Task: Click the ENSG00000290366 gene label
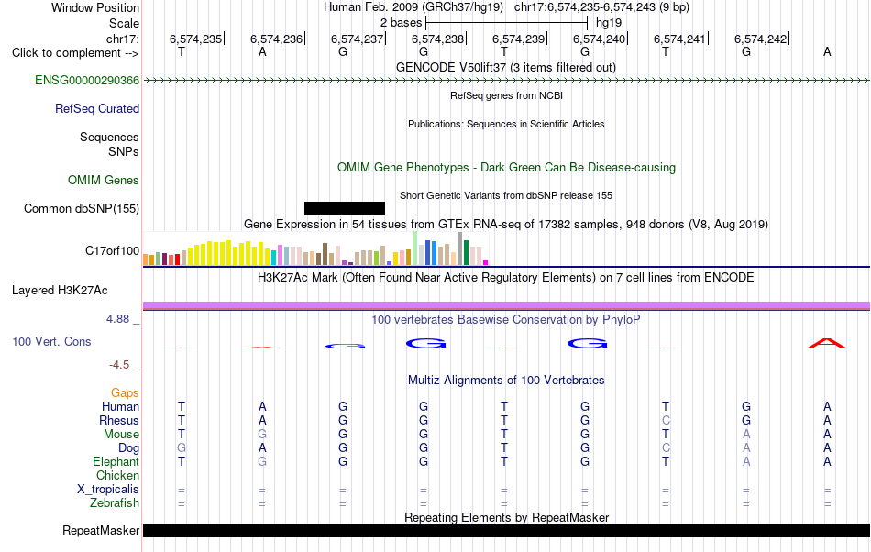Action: (87, 81)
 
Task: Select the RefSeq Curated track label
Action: (97, 109)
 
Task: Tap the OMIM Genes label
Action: (104, 181)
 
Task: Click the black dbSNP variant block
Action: (345, 209)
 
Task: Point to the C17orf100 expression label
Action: (112, 251)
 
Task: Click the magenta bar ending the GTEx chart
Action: (486, 262)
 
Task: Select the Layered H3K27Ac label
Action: (60, 291)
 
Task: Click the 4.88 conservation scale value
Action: (117, 319)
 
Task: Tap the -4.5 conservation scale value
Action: (119, 365)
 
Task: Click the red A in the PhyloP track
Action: (828, 343)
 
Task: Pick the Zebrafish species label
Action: (115, 503)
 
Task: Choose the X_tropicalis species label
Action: (108, 490)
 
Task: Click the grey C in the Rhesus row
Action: (666, 420)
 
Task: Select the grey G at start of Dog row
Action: (182, 448)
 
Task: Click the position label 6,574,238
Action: (437, 39)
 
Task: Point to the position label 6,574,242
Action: (760, 39)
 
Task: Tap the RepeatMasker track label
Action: (101, 531)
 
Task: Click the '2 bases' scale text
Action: (401, 23)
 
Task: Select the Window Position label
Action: (95, 7)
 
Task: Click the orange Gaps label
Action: (125, 393)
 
